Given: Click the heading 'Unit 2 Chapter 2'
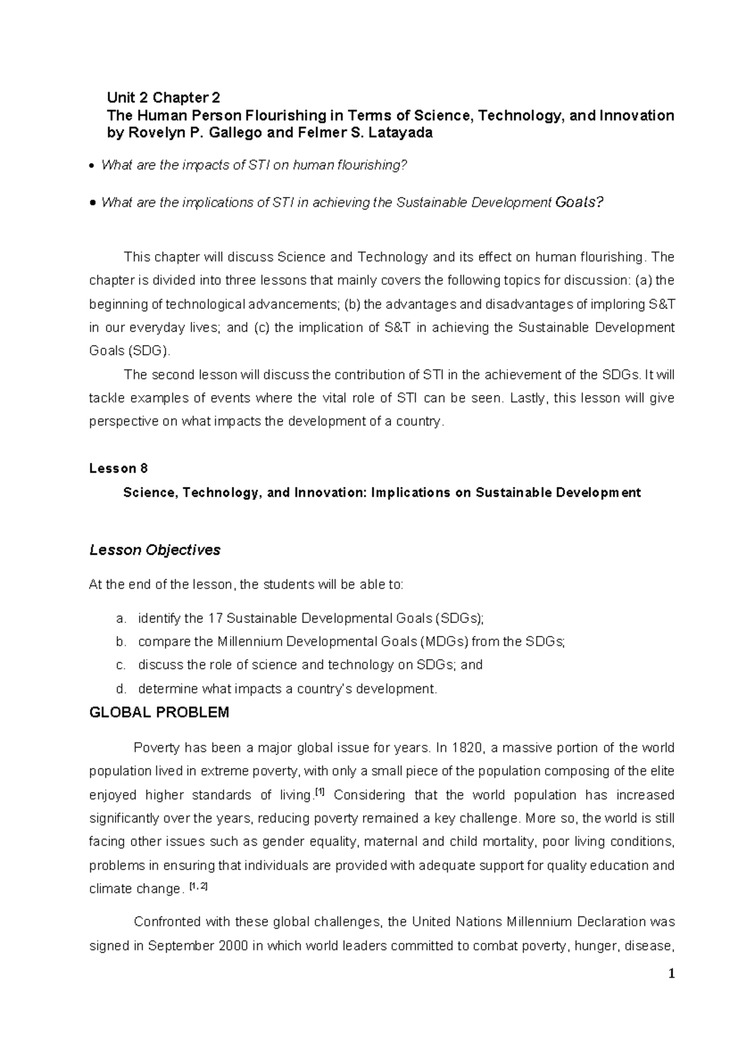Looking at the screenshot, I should coord(163,98).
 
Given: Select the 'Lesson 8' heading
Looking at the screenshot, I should coord(119,469).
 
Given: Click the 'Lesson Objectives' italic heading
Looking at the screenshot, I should coord(155,550).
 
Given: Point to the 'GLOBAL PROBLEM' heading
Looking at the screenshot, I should coord(159,713).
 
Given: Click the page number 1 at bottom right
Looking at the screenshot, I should coord(672,974).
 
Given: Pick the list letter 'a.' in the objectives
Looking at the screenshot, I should coord(121,619).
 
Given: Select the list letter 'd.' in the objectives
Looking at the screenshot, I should coord(121,689).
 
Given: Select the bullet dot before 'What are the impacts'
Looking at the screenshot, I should coord(92,166).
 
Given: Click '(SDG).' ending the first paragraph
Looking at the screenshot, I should coord(151,351).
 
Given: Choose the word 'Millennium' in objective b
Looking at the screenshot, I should coord(246,642).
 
